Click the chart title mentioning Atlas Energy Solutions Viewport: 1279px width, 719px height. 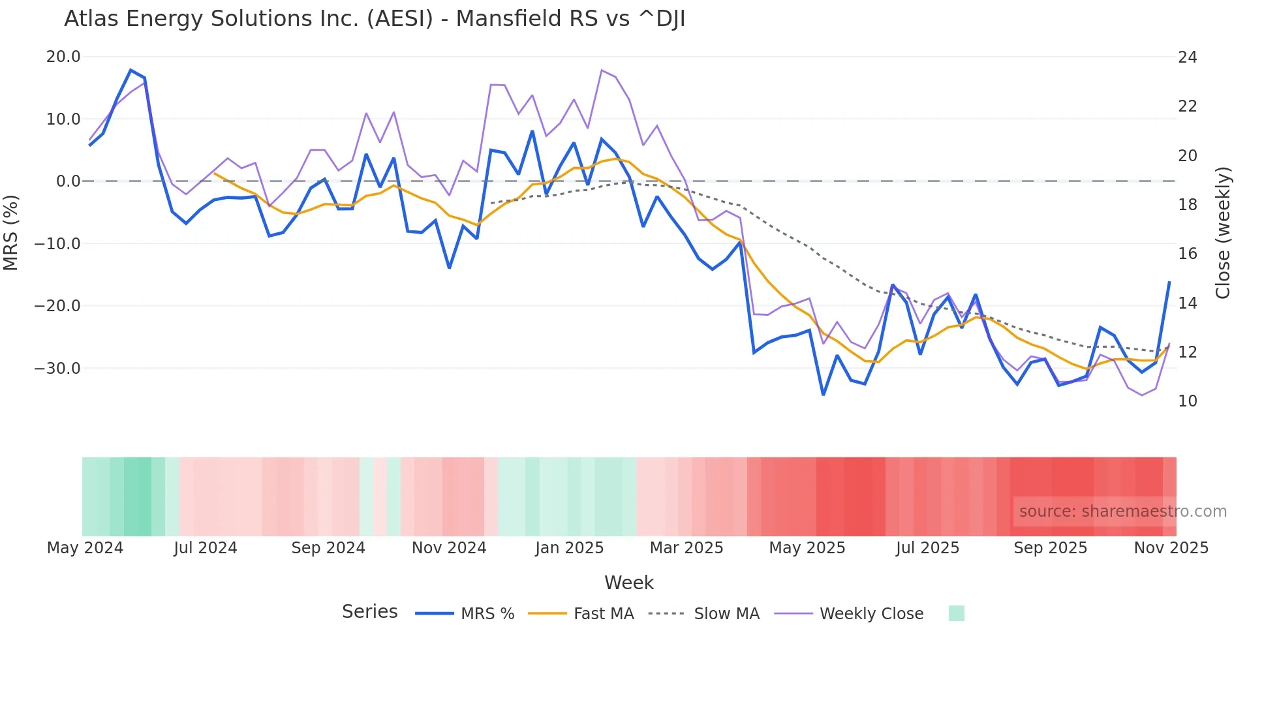click(x=375, y=19)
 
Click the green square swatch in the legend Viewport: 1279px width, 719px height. click(x=956, y=613)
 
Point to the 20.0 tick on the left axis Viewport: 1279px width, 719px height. click(x=63, y=57)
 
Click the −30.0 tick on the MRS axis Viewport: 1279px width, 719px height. click(x=58, y=368)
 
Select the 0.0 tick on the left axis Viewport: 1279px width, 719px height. click(x=68, y=181)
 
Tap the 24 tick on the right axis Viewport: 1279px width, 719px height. click(x=1187, y=57)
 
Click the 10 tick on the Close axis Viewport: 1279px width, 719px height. click(x=1187, y=401)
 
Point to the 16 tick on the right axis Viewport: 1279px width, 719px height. click(x=1187, y=254)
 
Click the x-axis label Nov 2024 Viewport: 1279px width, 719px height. click(x=449, y=548)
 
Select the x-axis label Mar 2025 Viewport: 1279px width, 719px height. click(x=686, y=548)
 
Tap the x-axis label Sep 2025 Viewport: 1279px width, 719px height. click(x=1050, y=548)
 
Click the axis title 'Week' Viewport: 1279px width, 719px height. click(x=628, y=583)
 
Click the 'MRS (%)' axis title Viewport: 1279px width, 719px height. click(x=11, y=232)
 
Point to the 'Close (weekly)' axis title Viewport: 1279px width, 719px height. click(x=1223, y=233)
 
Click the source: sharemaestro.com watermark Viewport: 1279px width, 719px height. click(x=1122, y=512)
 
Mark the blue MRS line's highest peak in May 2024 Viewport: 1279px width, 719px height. click(x=131, y=70)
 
